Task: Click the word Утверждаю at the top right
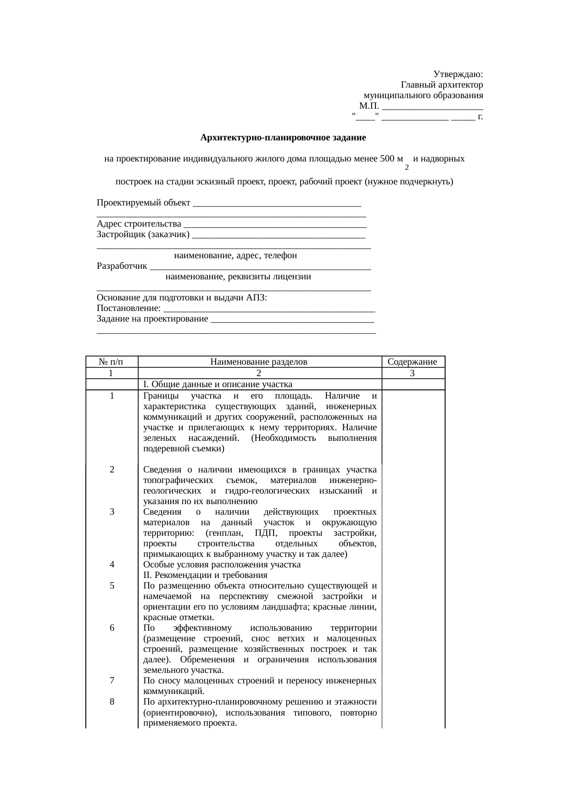pyautogui.click(x=458, y=74)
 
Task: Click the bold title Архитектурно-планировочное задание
pyautogui.click(x=283, y=138)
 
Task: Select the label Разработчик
pyautogui.click(x=122, y=266)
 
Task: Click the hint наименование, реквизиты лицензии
pyautogui.click(x=238, y=277)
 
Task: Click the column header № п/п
pyautogui.click(x=112, y=362)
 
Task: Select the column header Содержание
pyautogui.click(x=413, y=362)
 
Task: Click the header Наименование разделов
pyautogui.click(x=259, y=362)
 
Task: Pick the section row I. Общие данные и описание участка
pyautogui.click(x=218, y=384)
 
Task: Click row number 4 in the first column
pyautogui.click(x=112, y=565)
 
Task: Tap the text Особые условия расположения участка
pyautogui.click(x=222, y=565)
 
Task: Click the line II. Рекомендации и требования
pyautogui.click(x=205, y=575)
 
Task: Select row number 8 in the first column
pyautogui.click(x=112, y=701)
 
